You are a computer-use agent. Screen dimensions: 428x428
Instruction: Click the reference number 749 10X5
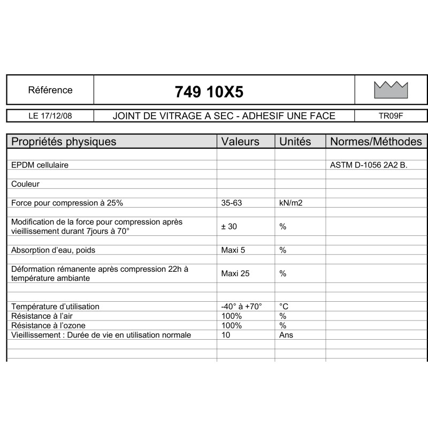209,92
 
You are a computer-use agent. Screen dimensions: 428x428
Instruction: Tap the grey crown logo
391,90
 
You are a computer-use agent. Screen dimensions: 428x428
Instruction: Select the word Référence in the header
50,90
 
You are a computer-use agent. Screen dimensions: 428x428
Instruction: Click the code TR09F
391,116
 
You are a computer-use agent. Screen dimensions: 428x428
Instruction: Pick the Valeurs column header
240,141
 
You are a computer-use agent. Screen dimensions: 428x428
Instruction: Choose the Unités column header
295,141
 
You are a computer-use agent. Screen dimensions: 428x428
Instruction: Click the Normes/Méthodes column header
376,141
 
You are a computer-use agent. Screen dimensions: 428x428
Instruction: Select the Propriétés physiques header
64,141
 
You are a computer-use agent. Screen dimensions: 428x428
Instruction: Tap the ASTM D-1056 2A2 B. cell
369,165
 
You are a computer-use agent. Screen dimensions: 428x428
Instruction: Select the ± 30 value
229,226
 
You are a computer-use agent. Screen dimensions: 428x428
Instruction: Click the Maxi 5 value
233,250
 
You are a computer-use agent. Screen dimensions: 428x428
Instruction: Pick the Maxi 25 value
235,273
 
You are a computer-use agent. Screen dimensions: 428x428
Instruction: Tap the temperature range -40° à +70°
241,307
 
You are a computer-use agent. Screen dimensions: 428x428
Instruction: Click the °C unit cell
284,307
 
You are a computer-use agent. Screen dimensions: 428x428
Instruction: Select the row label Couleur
26,184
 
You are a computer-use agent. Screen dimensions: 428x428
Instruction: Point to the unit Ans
286,335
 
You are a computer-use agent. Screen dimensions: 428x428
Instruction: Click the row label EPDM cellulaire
40,165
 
